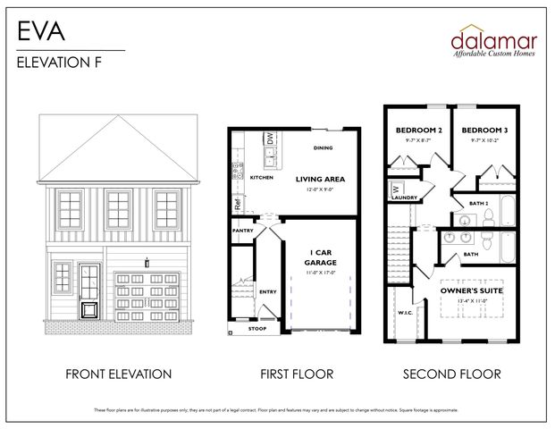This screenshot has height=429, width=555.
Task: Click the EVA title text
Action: [x=39, y=31]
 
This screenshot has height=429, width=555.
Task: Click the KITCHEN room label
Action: [x=261, y=178]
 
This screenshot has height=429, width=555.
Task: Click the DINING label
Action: [x=323, y=147]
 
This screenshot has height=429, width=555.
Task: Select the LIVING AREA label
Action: [x=320, y=179]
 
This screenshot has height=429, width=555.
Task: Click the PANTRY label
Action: [x=242, y=231]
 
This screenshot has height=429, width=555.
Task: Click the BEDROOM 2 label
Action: [x=418, y=130]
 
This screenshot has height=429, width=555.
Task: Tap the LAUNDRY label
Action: [x=405, y=198]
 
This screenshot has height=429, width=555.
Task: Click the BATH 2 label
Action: [x=479, y=203]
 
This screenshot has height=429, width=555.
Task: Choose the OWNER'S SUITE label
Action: [x=472, y=291]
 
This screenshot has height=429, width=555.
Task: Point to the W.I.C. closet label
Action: [x=403, y=312]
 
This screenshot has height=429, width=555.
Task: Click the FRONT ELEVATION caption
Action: [x=118, y=374]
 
